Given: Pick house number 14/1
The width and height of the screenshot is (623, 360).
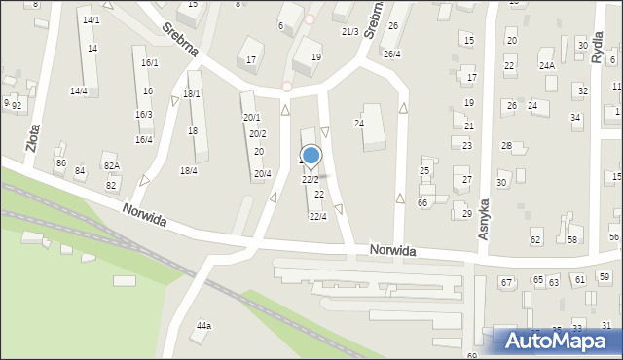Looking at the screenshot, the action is coord(91,20).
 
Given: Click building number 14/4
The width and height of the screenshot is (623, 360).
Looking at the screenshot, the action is coord(78,91).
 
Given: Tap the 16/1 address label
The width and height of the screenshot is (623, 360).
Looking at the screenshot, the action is coord(149,62).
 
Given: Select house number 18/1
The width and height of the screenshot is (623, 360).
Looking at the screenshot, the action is coord(192,94).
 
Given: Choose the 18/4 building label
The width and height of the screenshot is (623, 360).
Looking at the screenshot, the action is coord(188,171).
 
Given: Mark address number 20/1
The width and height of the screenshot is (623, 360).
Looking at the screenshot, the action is coord(251,118).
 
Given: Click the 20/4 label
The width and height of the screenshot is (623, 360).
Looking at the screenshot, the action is coord(262,174).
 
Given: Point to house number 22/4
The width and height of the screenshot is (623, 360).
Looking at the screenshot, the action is coord(317,216).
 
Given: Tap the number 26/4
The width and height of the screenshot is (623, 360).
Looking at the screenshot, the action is coord(391,54).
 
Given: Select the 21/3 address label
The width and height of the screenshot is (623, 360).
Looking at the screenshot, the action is coord(350,32).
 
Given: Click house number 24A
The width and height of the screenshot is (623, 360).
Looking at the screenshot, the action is coord(547,66).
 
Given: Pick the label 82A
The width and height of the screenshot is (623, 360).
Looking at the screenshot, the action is coord(112,167).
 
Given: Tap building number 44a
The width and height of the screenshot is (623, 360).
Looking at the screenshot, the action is coord(203,326).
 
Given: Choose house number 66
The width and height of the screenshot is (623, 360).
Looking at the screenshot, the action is coord(422,202).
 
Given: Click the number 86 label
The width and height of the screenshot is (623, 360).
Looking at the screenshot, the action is coord(60,163).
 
